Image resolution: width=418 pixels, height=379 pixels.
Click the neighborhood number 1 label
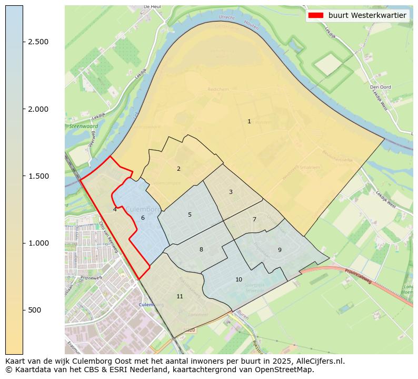(249, 121)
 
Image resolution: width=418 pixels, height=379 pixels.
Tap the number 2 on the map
(178, 169)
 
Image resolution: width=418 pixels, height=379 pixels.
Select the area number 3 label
(231, 192)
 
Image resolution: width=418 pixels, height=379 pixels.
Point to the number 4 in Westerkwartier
(115, 209)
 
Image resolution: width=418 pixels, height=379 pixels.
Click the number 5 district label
(190, 215)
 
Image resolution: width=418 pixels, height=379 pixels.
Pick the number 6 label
(143, 218)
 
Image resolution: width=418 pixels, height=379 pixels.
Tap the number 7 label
(254, 219)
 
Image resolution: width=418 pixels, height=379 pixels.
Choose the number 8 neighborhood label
(201, 249)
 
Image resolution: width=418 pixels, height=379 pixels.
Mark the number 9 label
(280, 250)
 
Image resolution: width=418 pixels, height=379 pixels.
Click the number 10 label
(238, 279)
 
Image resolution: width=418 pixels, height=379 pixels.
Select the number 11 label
(180, 296)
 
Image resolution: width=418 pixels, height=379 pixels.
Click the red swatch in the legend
(316, 16)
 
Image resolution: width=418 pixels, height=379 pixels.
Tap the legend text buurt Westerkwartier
(367, 16)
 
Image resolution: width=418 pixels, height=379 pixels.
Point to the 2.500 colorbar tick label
(38, 42)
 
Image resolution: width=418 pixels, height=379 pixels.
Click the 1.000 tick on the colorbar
(38, 243)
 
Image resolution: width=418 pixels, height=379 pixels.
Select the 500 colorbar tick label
(35, 310)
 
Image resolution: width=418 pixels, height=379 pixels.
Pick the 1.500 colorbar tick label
(38, 176)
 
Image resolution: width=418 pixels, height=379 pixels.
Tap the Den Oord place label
(379, 87)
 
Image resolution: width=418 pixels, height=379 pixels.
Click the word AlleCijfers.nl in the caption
(319, 361)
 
